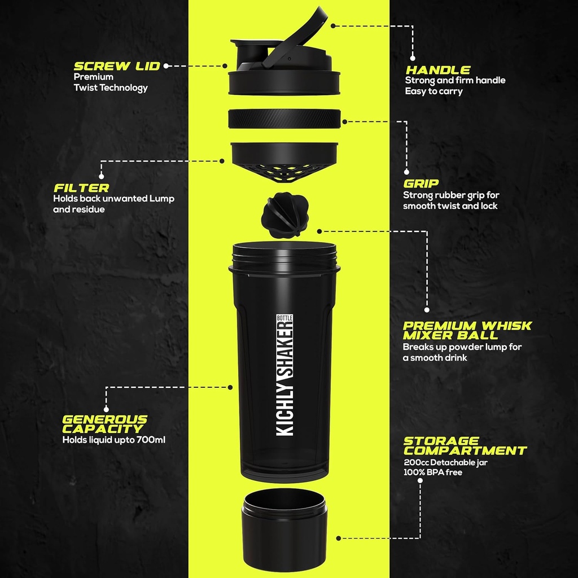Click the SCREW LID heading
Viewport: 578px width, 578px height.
pyautogui.click(x=117, y=66)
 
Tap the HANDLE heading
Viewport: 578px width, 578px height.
pyautogui.click(x=438, y=70)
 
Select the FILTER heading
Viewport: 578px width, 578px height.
pyautogui.click(x=81, y=187)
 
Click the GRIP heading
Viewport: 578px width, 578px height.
pyautogui.click(x=421, y=183)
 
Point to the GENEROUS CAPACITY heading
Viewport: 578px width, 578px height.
pyautogui.click(x=104, y=424)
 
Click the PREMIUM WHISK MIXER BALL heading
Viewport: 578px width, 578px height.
pyautogui.click(x=467, y=330)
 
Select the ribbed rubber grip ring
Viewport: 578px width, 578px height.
pyautogui.click(x=285, y=119)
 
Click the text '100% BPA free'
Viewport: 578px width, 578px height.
pyautogui.click(x=432, y=472)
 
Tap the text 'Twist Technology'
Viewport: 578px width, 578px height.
pyautogui.click(x=110, y=87)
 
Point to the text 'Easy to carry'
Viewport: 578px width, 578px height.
pyautogui.click(x=433, y=91)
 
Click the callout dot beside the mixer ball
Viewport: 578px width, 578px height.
pyautogui.click(x=319, y=231)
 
